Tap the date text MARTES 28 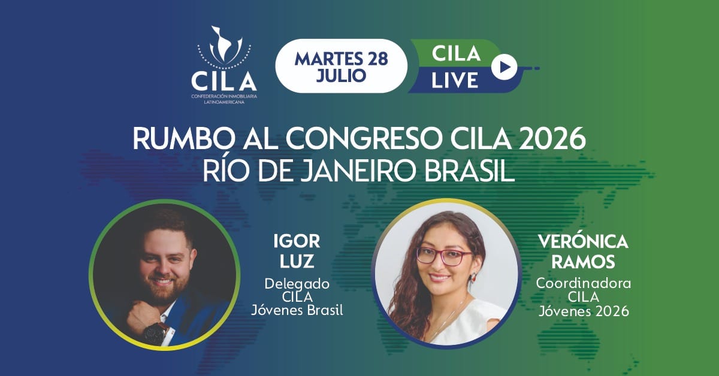click(x=341, y=59)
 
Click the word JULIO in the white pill click(x=341, y=75)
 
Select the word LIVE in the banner click(x=455, y=80)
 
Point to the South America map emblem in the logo click(x=224, y=45)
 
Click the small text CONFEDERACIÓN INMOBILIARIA click(x=224, y=96)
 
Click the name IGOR click(x=297, y=241)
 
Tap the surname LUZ click(x=297, y=261)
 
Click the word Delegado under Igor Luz click(x=297, y=284)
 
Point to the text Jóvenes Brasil click(x=297, y=311)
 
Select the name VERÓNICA click(x=583, y=241)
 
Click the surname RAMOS click(x=583, y=262)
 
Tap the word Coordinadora click(x=583, y=283)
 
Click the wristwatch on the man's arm click(x=156, y=333)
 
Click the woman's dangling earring click(x=473, y=277)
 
